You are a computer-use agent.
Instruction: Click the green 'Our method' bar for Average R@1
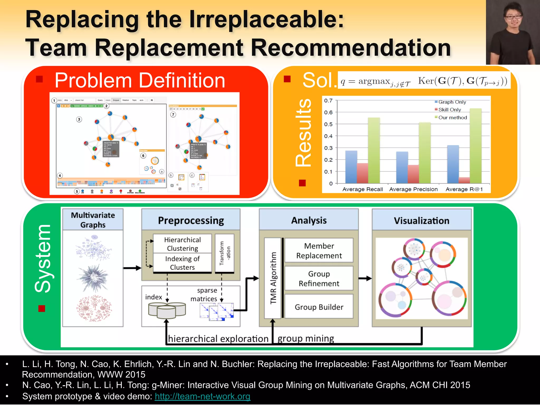pos(475,146)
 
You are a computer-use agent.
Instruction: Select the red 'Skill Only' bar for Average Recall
pos(363,173)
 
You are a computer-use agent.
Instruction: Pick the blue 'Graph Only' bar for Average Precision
pos(402,167)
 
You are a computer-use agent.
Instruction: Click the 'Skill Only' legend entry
pos(449,110)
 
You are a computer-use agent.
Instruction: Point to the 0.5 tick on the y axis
pos(328,124)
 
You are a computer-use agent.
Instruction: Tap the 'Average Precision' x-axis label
pos(413,189)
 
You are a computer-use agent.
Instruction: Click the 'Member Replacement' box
pos(319,250)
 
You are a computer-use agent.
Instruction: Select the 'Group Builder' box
pos(319,307)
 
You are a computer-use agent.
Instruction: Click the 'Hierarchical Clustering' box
pos(182,244)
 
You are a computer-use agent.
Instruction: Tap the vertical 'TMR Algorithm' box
pos(273,278)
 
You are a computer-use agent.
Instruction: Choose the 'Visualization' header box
pos(421,220)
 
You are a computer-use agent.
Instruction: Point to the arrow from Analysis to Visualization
pos(365,278)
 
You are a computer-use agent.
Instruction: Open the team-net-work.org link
pos(202,396)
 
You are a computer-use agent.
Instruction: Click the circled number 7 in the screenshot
pos(173,114)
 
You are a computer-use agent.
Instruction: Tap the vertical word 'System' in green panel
pos(43,259)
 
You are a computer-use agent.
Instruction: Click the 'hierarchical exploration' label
pos(218,339)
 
